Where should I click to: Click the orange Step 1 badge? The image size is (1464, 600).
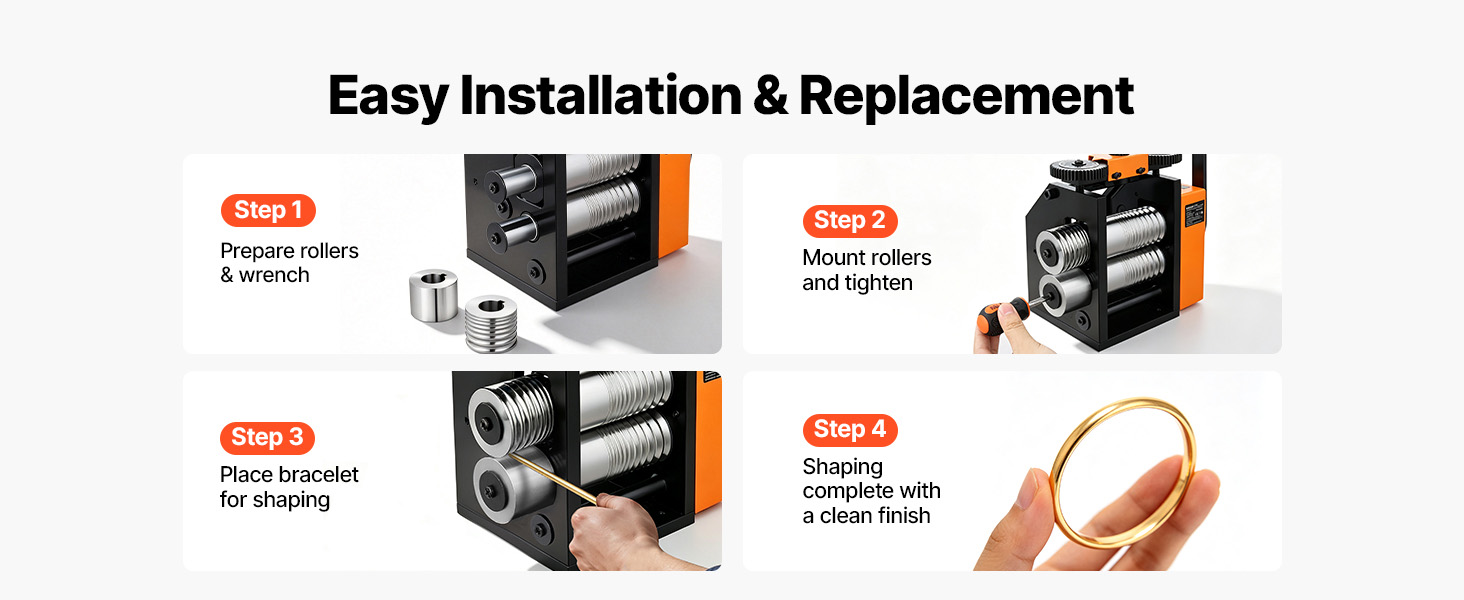tap(268, 210)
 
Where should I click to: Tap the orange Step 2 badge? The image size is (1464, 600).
tap(850, 221)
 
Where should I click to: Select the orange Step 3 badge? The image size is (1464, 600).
tap(267, 437)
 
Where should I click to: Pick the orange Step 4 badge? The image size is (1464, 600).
tap(850, 429)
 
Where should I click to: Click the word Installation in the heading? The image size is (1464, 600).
tap(601, 96)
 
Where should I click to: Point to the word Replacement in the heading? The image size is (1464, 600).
tap(966, 98)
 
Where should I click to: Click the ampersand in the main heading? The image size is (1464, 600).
tap(771, 97)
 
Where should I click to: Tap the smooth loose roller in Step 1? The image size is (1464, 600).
tap(433, 295)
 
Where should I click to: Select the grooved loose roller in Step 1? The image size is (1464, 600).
tap(491, 323)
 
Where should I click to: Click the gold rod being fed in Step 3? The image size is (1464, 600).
tap(553, 478)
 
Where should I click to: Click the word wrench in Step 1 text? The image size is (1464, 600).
tap(274, 276)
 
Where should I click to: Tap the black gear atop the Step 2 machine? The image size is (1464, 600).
tap(1078, 170)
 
